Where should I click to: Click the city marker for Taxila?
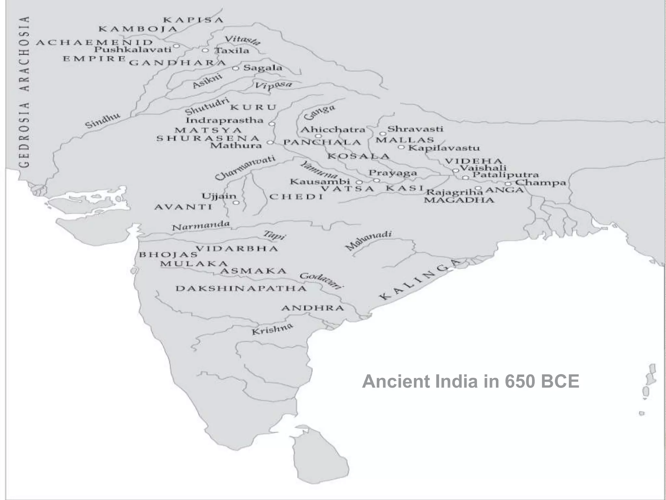click(x=205, y=50)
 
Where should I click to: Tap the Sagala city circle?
click(x=236, y=68)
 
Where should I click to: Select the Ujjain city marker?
click(x=236, y=203)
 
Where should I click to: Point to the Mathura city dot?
click(x=270, y=143)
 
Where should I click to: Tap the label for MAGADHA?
click(x=459, y=200)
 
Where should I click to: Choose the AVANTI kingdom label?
click(x=183, y=207)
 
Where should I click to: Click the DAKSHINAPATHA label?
click(x=241, y=288)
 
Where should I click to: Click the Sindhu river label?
click(x=103, y=121)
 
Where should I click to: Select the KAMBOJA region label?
click(x=138, y=29)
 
